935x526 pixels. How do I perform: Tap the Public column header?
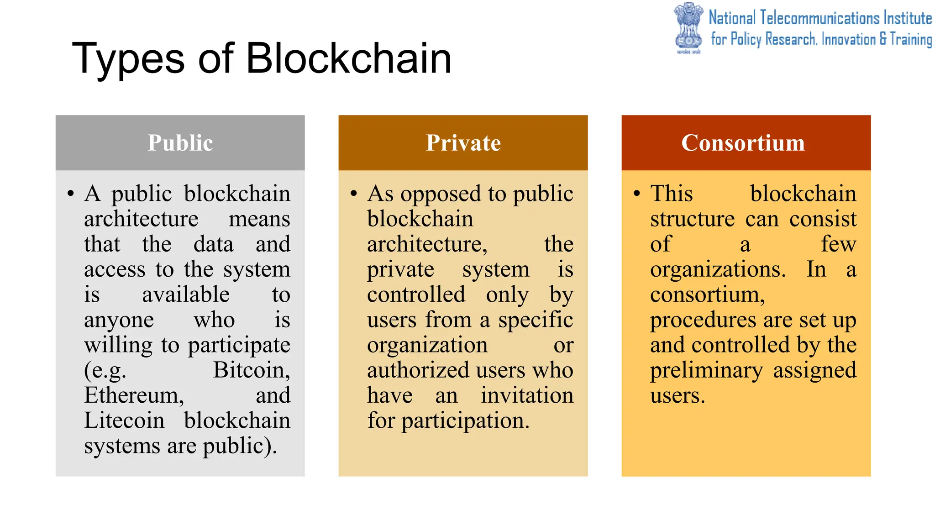(x=180, y=143)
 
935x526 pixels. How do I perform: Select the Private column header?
(x=463, y=143)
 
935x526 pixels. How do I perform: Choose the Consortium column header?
(x=743, y=143)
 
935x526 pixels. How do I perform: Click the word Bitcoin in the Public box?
(x=252, y=370)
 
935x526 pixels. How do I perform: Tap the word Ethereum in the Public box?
(x=134, y=395)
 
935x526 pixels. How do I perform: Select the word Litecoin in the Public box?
(x=124, y=421)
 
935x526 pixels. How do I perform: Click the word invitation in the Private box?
(x=527, y=395)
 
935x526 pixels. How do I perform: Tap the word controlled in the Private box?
(x=416, y=295)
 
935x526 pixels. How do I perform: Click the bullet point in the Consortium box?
(x=637, y=193)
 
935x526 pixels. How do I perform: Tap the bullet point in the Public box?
(x=70, y=193)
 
